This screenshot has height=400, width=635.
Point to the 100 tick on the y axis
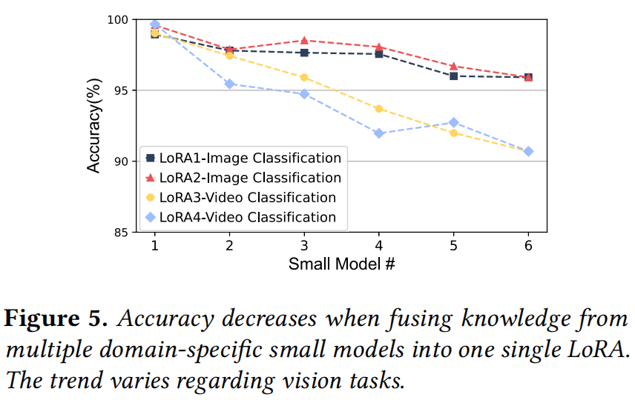click(x=118, y=20)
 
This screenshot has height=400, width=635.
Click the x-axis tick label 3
click(x=304, y=246)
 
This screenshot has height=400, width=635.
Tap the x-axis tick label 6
click(x=528, y=246)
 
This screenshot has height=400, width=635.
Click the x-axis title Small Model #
click(x=341, y=264)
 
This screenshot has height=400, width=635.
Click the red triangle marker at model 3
click(x=304, y=40)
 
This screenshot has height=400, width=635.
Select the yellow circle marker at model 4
click(x=379, y=109)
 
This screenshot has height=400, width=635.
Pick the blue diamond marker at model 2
click(x=230, y=84)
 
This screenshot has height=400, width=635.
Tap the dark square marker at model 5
click(x=453, y=76)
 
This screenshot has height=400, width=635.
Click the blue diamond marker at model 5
click(x=453, y=122)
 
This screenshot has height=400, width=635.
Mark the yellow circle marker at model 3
click(x=304, y=77)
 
